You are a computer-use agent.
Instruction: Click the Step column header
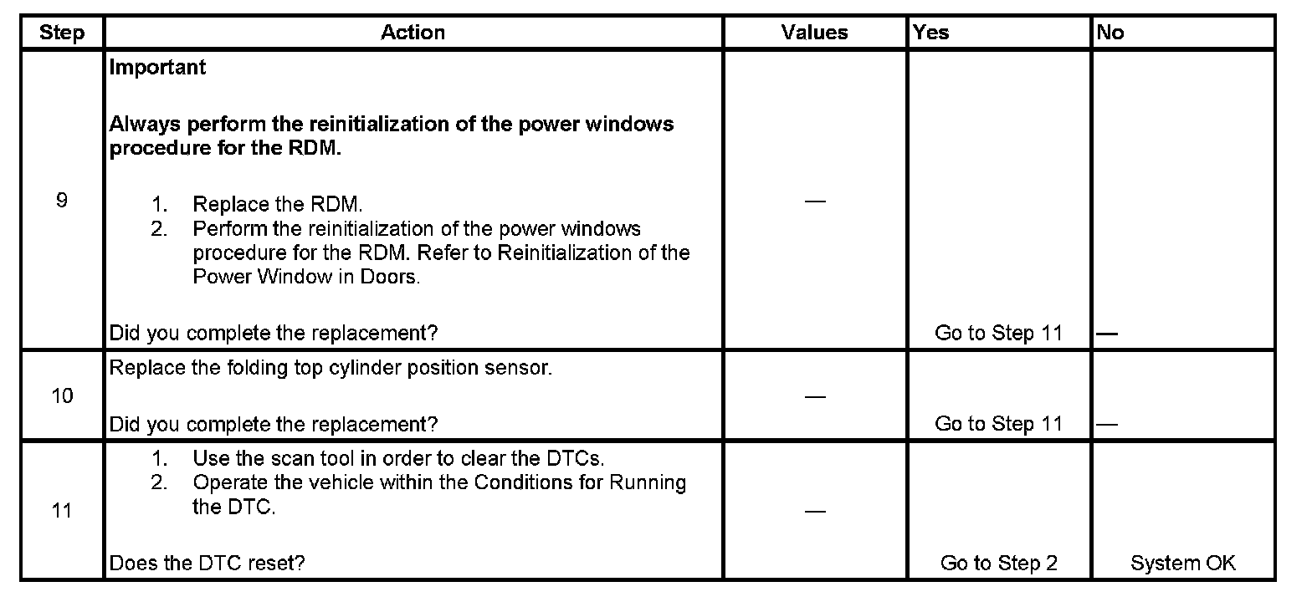click(x=62, y=33)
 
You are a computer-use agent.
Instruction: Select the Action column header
click(x=413, y=33)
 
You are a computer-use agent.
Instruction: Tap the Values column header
click(x=814, y=33)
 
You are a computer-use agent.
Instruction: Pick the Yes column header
click(x=931, y=33)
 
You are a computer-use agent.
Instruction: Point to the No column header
click(x=1110, y=33)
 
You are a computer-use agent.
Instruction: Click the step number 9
click(x=61, y=201)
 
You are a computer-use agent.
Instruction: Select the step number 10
click(x=62, y=395)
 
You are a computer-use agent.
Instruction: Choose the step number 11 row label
click(x=62, y=510)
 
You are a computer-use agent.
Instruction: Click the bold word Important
click(x=157, y=68)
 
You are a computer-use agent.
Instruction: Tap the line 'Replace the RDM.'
click(x=277, y=205)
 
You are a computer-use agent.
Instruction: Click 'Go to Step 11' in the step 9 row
click(x=998, y=333)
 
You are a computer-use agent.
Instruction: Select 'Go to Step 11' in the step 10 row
click(x=998, y=424)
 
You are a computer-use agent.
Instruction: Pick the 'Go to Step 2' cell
click(x=998, y=563)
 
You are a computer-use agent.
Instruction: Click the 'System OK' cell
click(x=1182, y=563)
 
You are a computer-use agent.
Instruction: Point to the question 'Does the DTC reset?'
click(x=207, y=563)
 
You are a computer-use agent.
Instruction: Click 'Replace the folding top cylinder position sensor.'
click(x=331, y=368)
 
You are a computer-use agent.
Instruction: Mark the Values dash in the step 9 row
click(x=814, y=202)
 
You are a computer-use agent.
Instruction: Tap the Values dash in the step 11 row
click(x=814, y=511)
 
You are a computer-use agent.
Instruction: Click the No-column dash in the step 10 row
click(x=1107, y=425)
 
